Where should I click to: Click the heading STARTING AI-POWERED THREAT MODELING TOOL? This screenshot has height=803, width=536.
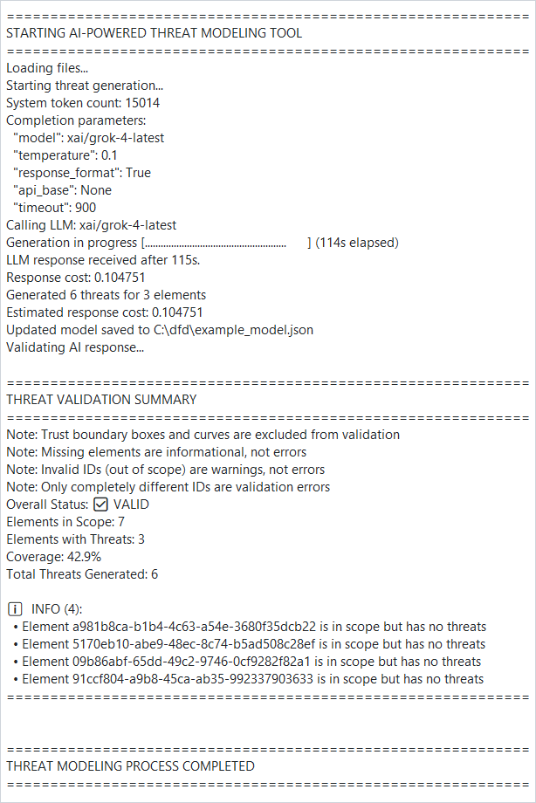pos(155,33)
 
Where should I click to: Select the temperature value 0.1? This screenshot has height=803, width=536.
pos(110,155)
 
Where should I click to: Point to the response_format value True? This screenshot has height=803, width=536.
pos(138,173)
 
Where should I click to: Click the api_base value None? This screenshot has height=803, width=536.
pos(96,190)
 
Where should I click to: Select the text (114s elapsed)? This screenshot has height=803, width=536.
pos(357,243)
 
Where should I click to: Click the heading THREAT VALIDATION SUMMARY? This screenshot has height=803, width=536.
pos(101,400)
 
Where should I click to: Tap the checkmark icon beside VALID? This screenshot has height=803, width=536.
pos(100,504)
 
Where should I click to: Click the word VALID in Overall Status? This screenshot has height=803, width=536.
pos(131,504)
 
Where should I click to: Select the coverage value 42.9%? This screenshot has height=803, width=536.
pos(79,557)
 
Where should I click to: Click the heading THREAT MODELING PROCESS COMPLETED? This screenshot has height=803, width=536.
pos(130,766)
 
